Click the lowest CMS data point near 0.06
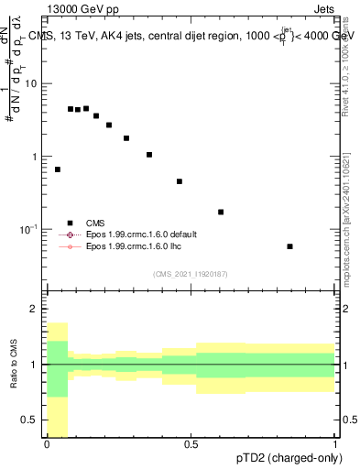pyautogui.click(x=290, y=246)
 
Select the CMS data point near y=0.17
pyautogui.click(x=221, y=212)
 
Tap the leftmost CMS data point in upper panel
pyautogui.click(x=58, y=169)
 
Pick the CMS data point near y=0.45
pyautogui.click(x=180, y=181)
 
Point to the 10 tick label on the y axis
pyautogui.click(x=31, y=83)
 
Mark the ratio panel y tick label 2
pyautogui.click(x=34, y=309)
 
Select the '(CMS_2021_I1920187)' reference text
pyautogui.click(x=191, y=274)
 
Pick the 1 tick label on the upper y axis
pyautogui.click(x=36, y=157)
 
